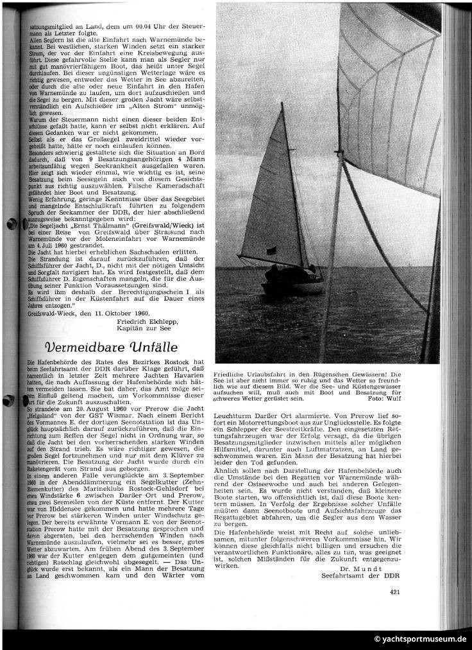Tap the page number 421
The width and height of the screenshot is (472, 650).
[x=395, y=592]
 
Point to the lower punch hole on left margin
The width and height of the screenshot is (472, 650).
[x=9, y=383]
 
